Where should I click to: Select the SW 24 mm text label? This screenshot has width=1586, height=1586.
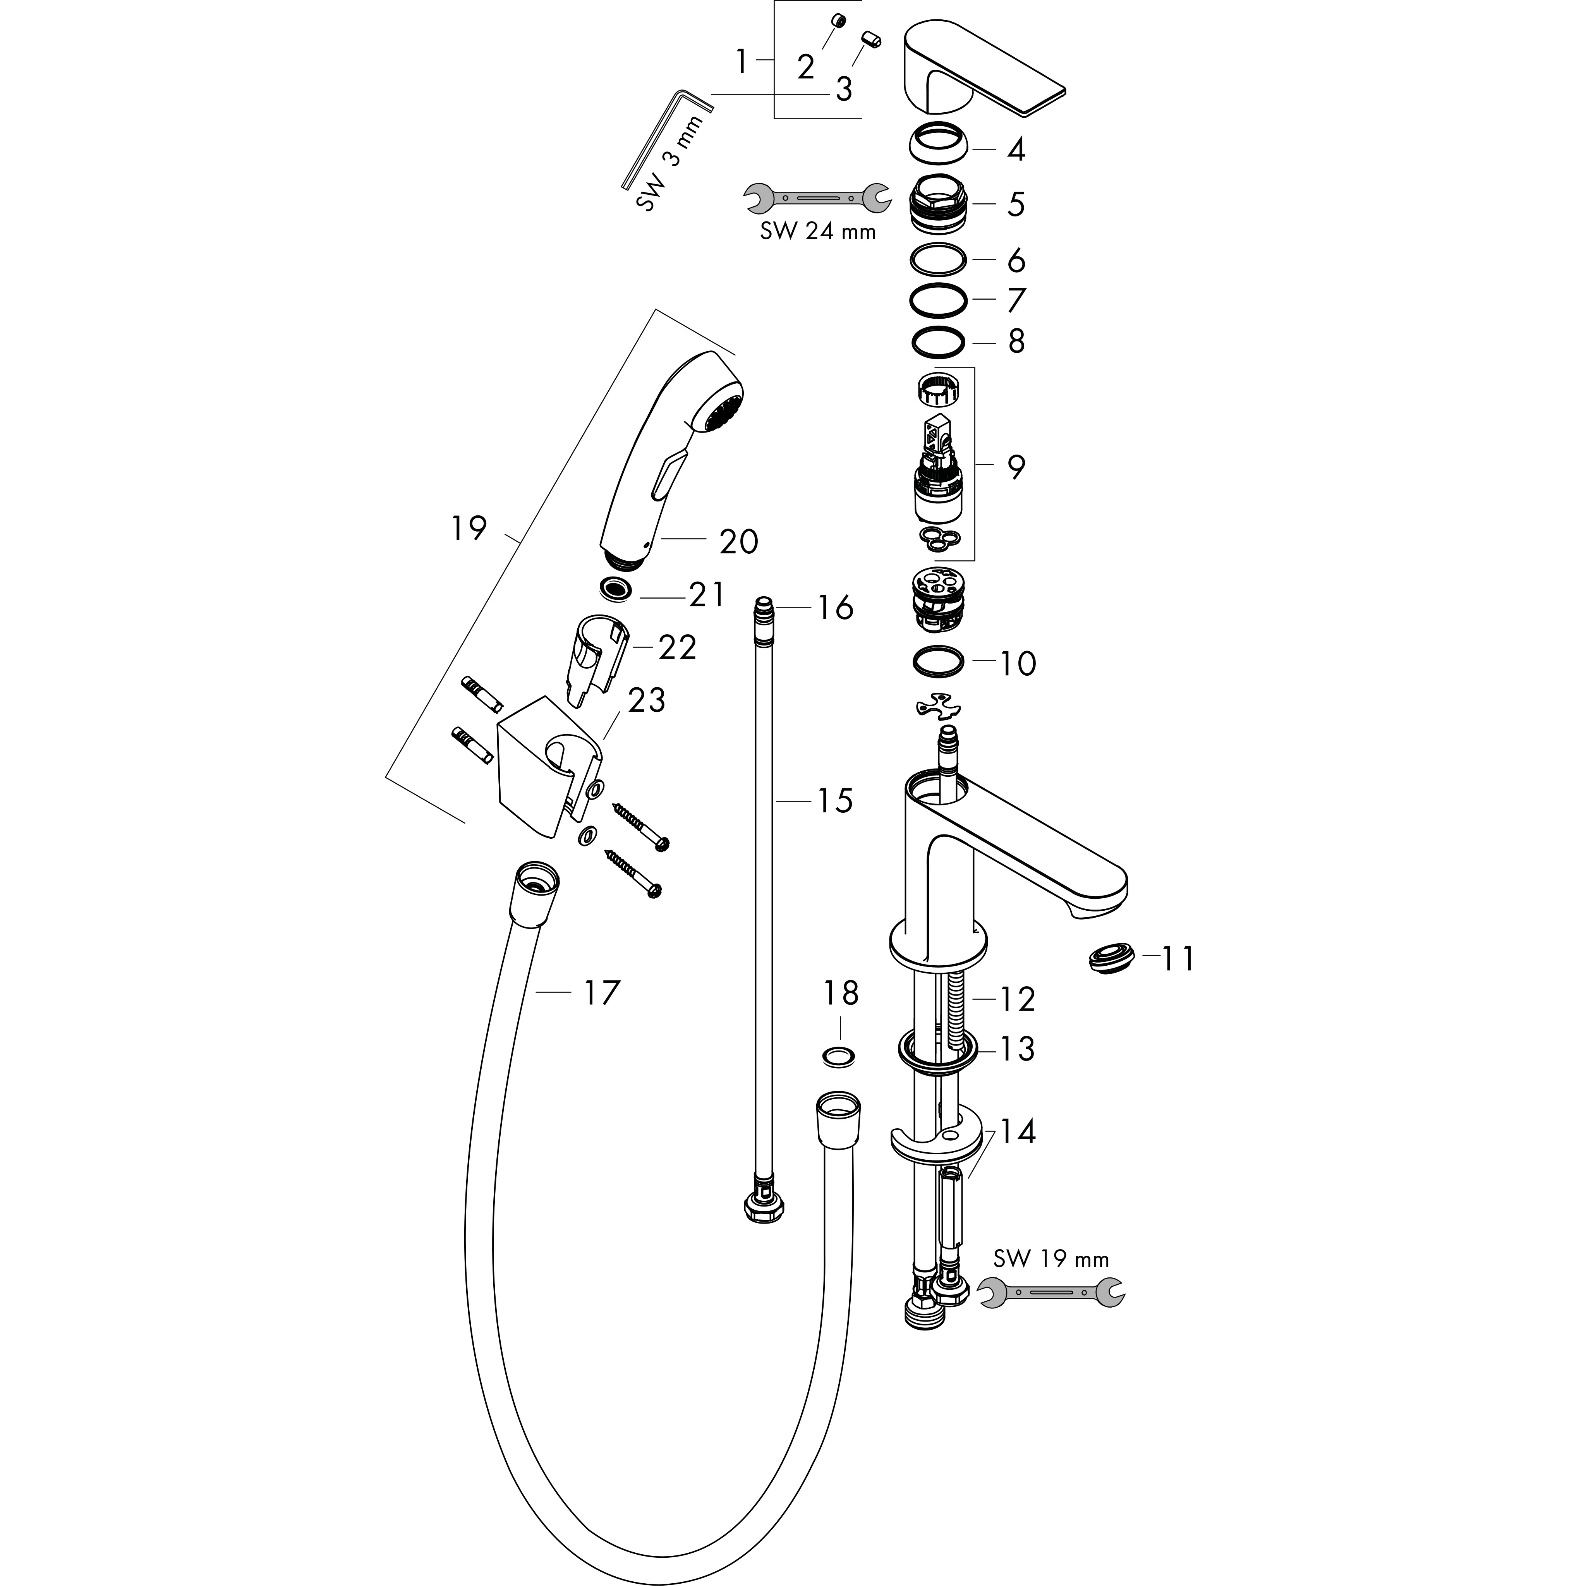pyautogui.click(x=818, y=232)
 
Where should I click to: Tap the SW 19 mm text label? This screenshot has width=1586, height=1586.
pyautogui.click(x=1051, y=1258)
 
